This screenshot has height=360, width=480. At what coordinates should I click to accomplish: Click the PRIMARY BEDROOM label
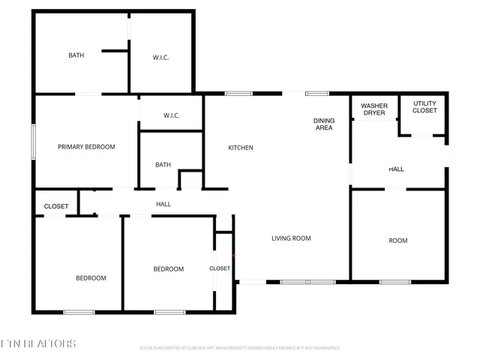click(x=86, y=147)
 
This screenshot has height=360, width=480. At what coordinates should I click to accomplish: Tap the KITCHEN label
click(x=241, y=148)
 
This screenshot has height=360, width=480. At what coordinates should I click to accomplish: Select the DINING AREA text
click(x=323, y=124)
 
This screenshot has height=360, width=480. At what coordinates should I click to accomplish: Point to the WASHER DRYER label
click(x=374, y=109)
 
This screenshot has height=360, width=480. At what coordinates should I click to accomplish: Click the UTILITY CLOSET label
click(x=424, y=106)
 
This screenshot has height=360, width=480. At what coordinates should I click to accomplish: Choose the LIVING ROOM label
click(x=291, y=238)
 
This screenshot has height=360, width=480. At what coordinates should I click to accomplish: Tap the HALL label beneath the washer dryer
click(x=397, y=169)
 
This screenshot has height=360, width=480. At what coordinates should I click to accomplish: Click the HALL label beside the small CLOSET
click(x=163, y=204)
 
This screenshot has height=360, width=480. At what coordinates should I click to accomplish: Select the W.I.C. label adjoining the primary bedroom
click(x=171, y=115)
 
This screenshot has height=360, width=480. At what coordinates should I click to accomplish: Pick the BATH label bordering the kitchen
click(x=163, y=165)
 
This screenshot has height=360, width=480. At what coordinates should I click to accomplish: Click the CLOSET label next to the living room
click(x=220, y=268)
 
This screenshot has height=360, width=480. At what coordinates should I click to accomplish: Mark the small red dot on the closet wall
click(x=234, y=256)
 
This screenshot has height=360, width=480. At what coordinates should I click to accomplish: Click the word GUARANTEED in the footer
click(x=325, y=348)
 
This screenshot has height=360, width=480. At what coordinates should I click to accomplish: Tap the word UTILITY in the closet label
click(x=424, y=103)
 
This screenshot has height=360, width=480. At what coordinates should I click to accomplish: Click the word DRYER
click(x=374, y=113)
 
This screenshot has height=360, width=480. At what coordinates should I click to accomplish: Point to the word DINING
click(x=323, y=120)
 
